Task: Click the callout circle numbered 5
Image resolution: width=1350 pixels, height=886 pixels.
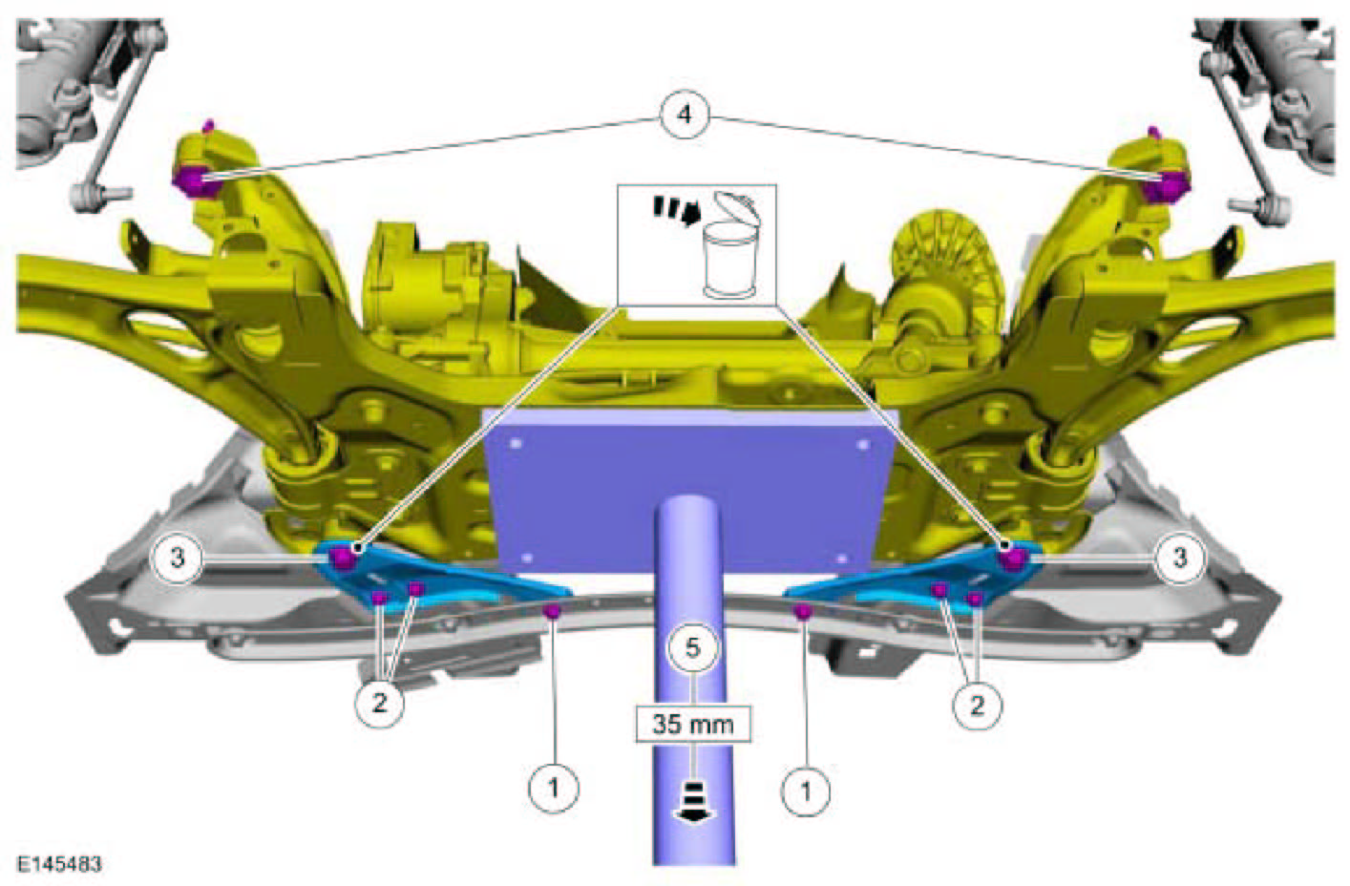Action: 694,648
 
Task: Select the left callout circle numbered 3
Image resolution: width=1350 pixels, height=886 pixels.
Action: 177,559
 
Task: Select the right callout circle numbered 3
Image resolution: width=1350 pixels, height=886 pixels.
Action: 1179,559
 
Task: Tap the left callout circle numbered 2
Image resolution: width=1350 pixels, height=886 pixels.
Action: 379,704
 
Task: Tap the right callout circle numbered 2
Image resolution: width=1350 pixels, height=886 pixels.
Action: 977,705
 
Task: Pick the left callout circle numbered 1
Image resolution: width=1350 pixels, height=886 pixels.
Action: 553,787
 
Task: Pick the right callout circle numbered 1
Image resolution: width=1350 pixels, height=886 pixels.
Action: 805,790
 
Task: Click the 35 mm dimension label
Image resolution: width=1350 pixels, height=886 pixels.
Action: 693,724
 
